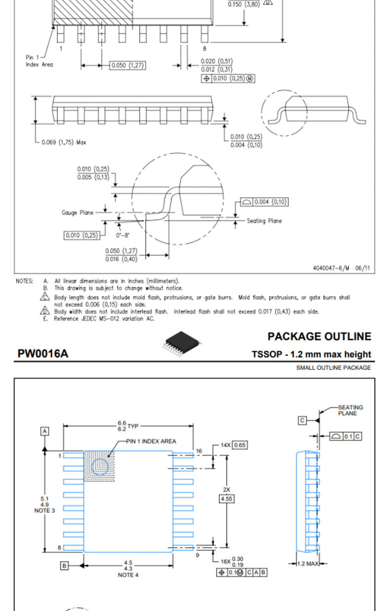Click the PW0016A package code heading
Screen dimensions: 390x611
click(43, 354)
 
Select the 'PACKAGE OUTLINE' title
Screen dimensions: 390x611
click(319, 336)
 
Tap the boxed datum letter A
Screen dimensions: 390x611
click(45, 431)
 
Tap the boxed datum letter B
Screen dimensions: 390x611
click(64, 566)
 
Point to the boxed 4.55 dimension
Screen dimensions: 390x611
click(227, 498)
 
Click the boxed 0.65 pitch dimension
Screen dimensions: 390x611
click(240, 445)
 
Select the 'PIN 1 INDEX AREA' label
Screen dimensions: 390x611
click(151, 441)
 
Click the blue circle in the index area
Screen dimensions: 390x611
click(100, 467)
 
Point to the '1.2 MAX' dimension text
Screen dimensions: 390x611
click(308, 563)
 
